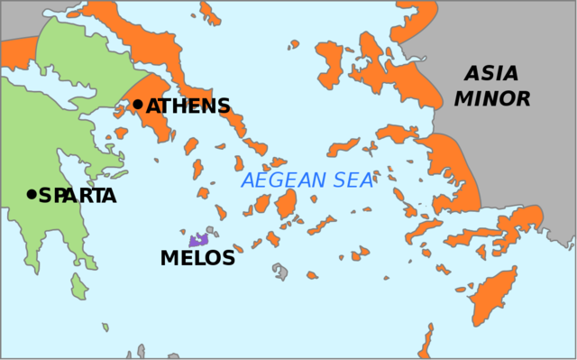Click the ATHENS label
(x=188, y=106)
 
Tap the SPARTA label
(x=78, y=195)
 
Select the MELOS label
(x=197, y=258)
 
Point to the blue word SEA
(x=351, y=180)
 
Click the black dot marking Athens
(x=138, y=105)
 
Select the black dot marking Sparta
(x=32, y=194)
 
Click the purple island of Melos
(x=197, y=240)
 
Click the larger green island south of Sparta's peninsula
(x=79, y=287)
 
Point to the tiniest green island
(x=105, y=326)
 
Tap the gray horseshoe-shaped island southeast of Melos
(x=281, y=272)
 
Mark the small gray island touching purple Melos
(x=210, y=232)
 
